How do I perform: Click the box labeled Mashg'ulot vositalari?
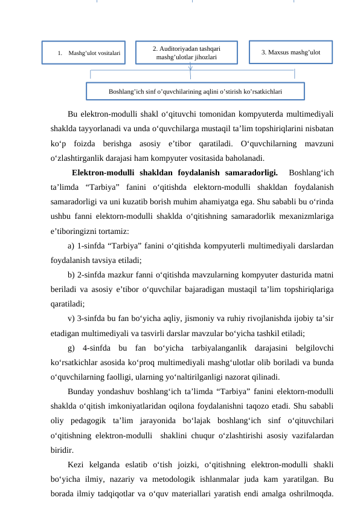83,53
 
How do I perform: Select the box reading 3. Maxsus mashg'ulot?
290,52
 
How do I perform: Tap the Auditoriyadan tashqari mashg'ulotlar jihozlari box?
186,53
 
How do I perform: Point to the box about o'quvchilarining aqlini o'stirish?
195,91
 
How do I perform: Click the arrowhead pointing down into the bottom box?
190,77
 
